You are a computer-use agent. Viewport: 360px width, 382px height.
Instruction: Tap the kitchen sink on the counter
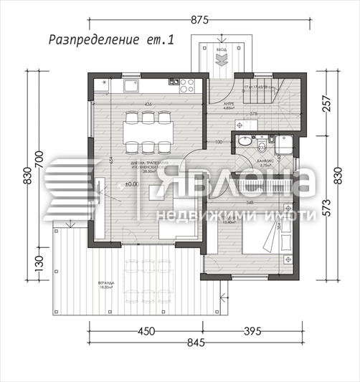[x=133, y=87]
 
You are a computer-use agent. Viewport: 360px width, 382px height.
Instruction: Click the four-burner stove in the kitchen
[x=187, y=86]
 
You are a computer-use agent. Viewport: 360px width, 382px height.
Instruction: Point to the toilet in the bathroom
[x=263, y=146]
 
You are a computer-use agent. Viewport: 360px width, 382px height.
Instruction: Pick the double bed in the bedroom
[x=263, y=233]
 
